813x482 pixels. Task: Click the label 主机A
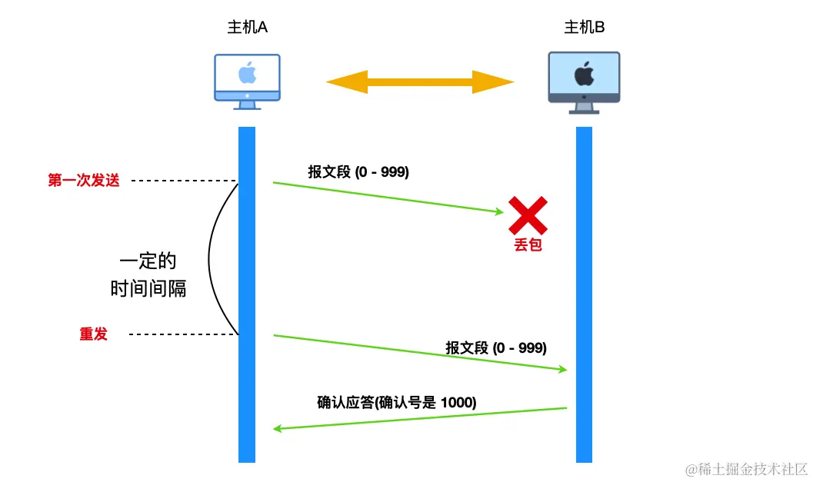pos(247,28)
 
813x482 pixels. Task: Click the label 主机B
pos(585,28)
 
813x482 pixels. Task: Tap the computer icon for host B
pos(584,81)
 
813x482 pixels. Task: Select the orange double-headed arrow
pos(420,81)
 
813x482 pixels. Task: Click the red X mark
pos(528,215)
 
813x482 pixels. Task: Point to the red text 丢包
pos(528,247)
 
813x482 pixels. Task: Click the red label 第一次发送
pos(84,181)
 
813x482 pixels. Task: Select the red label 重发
pos(93,334)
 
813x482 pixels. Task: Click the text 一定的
pos(153,260)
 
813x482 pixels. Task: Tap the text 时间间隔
pos(148,289)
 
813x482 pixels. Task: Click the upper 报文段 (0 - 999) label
pos(358,172)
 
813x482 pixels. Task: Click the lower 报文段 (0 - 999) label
pos(496,347)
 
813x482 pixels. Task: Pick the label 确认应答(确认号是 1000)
pos(397,401)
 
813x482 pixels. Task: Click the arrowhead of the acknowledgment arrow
pos(278,427)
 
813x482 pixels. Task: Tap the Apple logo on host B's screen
pos(584,75)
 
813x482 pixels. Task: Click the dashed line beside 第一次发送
pos(184,181)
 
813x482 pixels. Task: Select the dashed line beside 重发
pos(184,334)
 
